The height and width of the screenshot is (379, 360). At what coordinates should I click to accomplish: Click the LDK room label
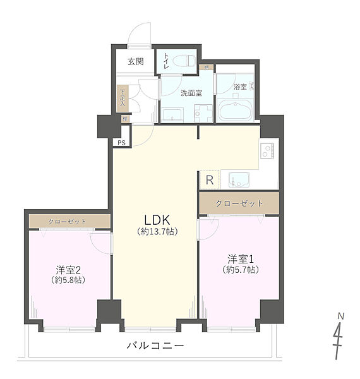(x=157, y=219)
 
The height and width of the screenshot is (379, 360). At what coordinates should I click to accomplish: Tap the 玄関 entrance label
(x=135, y=62)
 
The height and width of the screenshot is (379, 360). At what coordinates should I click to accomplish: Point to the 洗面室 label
(x=191, y=93)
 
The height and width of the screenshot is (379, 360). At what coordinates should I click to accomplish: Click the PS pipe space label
(x=121, y=143)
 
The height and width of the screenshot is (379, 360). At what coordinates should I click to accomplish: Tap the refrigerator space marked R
(x=208, y=179)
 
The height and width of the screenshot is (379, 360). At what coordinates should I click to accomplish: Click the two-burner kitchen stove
(x=267, y=152)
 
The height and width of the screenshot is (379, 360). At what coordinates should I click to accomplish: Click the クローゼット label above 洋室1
(x=238, y=203)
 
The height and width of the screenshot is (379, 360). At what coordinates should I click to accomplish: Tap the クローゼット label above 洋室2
(x=68, y=222)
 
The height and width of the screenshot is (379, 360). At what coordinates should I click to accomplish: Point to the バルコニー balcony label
(x=155, y=346)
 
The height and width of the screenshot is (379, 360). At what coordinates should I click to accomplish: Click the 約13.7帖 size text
(x=157, y=232)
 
